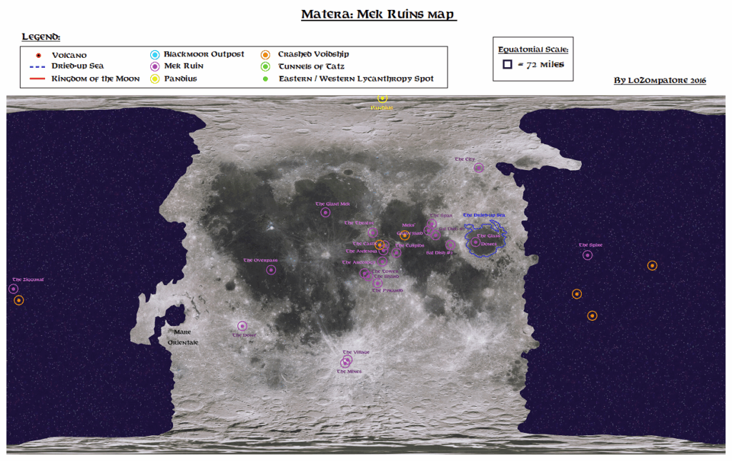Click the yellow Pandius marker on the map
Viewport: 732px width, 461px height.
pyautogui.click(x=382, y=99)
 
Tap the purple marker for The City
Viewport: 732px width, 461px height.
pyautogui.click(x=478, y=168)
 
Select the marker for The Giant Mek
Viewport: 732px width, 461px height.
pyautogui.click(x=326, y=212)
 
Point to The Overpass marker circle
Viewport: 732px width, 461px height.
pyautogui.click(x=271, y=270)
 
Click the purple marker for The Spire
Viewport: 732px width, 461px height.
pyautogui.click(x=588, y=255)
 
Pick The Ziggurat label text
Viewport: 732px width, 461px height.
pyautogui.click(x=29, y=279)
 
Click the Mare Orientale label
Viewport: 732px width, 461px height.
pyautogui.click(x=182, y=337)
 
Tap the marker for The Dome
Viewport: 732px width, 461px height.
pyautogui.click(x=242, y=327)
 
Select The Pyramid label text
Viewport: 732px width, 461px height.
pyautogui.click(x=387, y=291)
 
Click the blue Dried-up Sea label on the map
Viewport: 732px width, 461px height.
pyautogui.click(x=484, y=215)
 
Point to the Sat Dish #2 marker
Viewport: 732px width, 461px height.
pyautogui.click(x=450, y=244)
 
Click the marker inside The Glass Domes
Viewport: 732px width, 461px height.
pyautogui.click(x=475, y=242)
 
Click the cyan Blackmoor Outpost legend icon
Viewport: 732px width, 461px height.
pyautogui.click(x=155, y=54)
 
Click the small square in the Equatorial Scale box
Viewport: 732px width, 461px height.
pyautogui.click(x=507, y=64)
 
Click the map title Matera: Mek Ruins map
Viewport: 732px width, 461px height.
pyautogui.click(x=377, y=15)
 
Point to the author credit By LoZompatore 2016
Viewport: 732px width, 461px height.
pyautogui.click(x=660, y=81)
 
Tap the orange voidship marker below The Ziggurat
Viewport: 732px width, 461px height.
pyautogui.click(x=19, y=300)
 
